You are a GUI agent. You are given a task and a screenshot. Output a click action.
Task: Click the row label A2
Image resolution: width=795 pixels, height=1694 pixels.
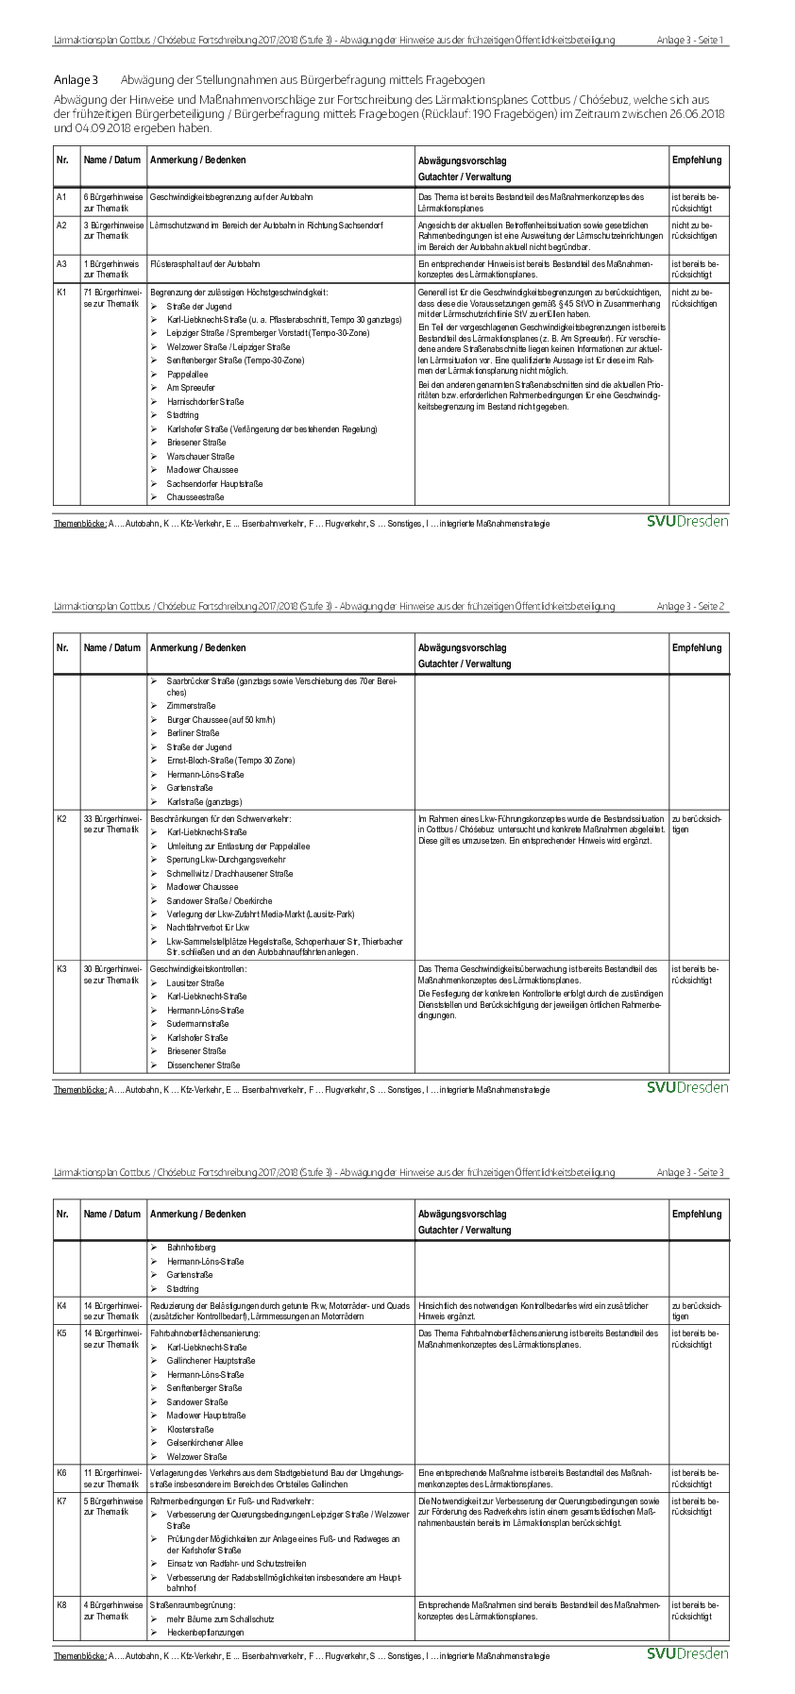coord(61,226)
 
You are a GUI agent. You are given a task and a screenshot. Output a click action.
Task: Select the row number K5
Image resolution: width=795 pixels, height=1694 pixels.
coord(61,1333)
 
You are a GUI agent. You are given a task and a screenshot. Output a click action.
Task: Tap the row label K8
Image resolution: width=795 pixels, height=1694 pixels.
coord(61,1604)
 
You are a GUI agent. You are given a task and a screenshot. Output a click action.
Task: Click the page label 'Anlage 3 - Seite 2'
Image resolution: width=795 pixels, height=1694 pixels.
coord(690,606)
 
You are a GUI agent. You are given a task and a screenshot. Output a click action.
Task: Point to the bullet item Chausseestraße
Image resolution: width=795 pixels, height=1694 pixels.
coord(195,497)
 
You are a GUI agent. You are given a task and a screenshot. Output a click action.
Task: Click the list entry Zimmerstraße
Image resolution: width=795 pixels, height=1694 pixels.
coord(191,705)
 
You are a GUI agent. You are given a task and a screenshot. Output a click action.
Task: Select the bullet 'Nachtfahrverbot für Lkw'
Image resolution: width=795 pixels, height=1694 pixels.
coord(208,928)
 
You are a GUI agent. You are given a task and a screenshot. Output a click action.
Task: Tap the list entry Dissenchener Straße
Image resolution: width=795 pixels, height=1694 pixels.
coord(203,1065)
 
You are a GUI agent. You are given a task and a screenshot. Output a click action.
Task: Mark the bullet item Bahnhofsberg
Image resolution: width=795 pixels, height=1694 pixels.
coord(191,1248)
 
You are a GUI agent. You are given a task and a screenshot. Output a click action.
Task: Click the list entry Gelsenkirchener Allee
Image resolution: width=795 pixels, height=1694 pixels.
coord(204,1443)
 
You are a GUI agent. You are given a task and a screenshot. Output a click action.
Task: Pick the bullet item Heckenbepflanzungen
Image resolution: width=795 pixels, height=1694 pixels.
coord(205,1632)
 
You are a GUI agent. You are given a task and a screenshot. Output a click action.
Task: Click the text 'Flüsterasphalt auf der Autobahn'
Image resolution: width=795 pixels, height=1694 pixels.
coord(205,264)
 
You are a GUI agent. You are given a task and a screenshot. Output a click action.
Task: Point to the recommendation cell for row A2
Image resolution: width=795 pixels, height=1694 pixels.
coord(695,231)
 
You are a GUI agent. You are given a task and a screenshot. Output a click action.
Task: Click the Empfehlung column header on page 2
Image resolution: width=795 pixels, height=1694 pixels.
coord(697,648)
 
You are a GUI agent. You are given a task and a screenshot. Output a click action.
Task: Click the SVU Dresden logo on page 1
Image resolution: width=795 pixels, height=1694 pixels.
coord(687,522)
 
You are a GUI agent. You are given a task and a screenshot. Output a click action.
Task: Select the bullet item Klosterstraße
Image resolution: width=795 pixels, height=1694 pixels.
coord(191,1429)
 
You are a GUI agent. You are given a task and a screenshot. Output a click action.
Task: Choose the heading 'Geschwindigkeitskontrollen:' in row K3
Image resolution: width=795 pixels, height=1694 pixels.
coord(198,969)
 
